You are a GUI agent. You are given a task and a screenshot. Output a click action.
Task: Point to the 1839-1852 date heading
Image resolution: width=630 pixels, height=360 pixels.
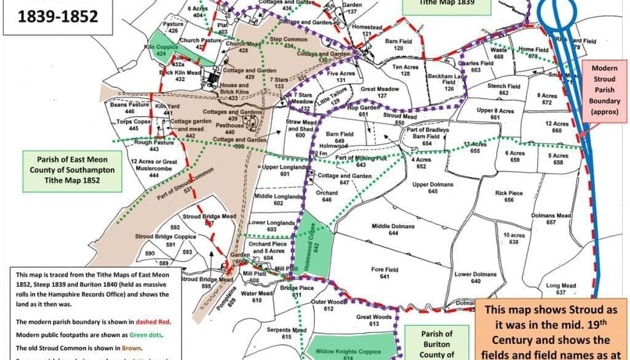point(58,16)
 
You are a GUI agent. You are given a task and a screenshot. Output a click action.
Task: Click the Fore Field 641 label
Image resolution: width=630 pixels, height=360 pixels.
point(385,273)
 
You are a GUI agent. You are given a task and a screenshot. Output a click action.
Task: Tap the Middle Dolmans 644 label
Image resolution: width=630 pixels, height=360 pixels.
point(393,230)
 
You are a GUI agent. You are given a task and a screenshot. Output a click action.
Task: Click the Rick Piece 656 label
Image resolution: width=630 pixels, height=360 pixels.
point(509,196)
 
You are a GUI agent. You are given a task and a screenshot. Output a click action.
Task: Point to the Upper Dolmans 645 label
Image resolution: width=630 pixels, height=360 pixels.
point(433,188)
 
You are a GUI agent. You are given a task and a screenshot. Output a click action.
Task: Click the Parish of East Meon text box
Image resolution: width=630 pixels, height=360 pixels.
point(60,167)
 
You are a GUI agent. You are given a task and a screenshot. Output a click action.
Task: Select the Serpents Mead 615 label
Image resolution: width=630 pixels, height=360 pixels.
point(287,334)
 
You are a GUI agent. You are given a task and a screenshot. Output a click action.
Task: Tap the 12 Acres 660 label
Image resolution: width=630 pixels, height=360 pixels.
point(557,127)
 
